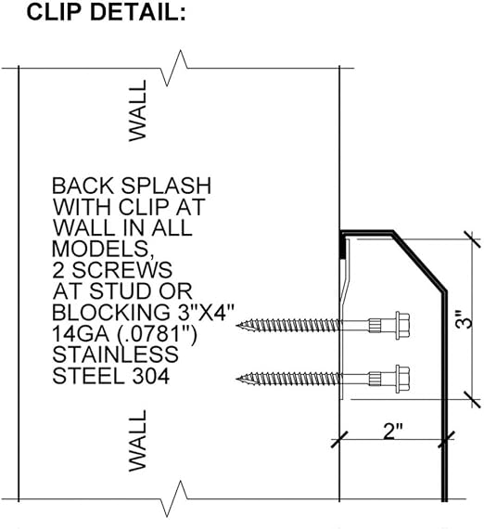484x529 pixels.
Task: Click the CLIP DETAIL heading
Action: coord(106,12)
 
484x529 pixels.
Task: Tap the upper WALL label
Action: coord(138,110)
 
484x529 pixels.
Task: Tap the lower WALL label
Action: coord(138,440)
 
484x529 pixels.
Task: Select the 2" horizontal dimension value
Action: coord(392,431)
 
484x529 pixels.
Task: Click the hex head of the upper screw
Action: coord(402,326)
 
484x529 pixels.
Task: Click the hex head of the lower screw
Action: coord(402,379)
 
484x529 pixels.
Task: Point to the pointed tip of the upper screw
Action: coord(236,326)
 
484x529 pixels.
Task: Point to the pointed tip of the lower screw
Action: coord(236,379)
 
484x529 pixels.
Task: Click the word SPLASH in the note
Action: coord(166,186)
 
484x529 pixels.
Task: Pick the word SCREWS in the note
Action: coord(122,270)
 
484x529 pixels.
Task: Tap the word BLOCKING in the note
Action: coord(111,313)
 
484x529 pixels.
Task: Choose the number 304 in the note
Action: coord(150,376)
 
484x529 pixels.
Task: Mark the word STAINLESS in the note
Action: coord(115,355)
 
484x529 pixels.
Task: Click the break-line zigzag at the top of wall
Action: coord(174,68)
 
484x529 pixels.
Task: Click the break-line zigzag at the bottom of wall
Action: coord(174,498)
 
